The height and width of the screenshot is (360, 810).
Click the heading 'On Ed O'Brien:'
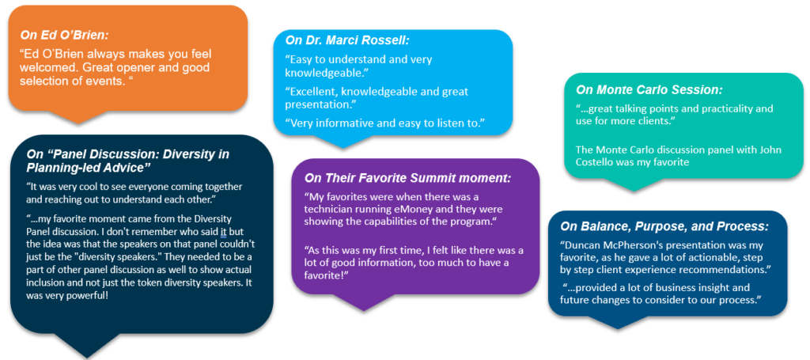(63, 35)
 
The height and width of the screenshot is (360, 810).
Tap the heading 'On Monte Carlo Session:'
(649, 89)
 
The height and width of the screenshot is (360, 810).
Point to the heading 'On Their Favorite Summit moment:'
(407, 178)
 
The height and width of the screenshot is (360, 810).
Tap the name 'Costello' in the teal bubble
(595, 162)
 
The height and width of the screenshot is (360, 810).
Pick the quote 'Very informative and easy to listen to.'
(385, 123)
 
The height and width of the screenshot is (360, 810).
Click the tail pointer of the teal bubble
(634, 185)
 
